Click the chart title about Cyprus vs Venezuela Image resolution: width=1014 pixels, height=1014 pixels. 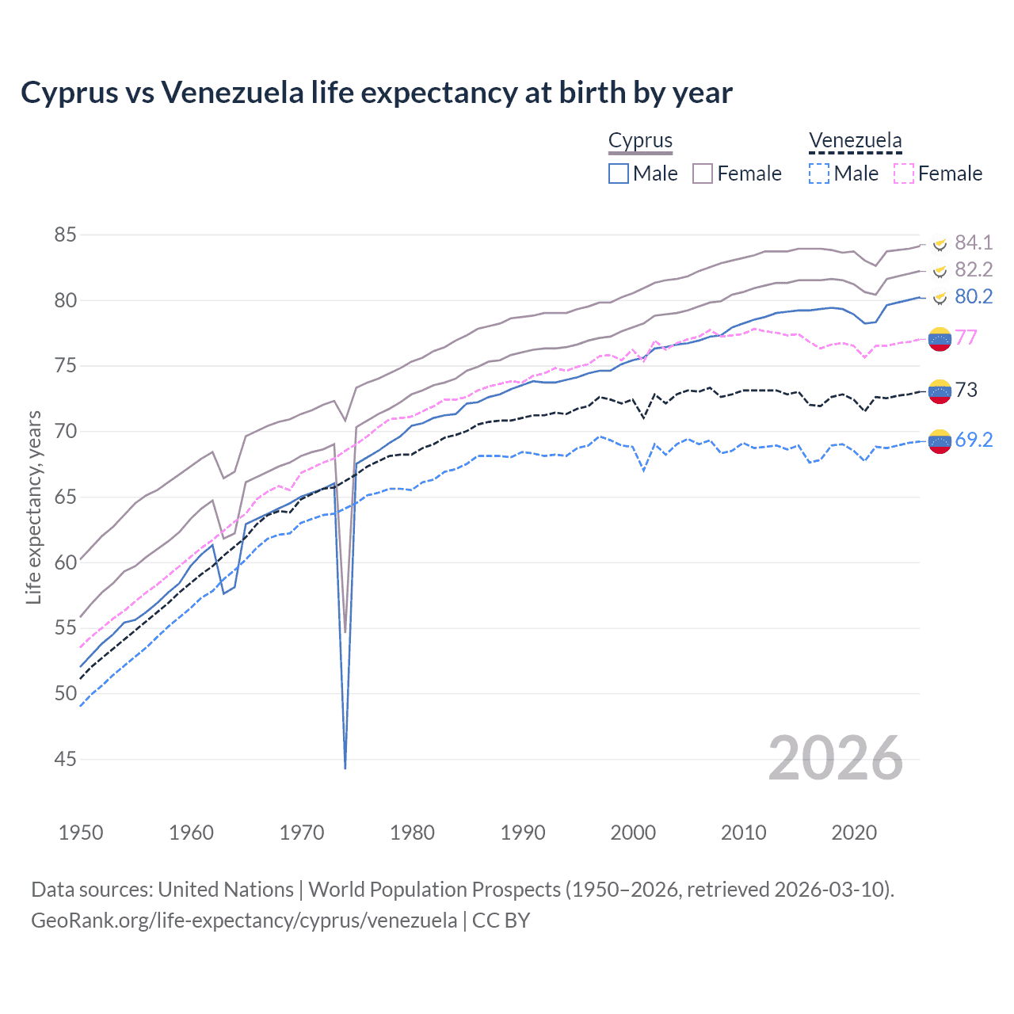[376, 93]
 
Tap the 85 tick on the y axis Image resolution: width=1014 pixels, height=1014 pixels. [66, 235]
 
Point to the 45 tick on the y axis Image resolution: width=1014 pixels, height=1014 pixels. [66, 759]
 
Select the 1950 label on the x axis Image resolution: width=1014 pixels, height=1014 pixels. [81, 833]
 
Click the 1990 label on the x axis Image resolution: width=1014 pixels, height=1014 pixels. [523, 833]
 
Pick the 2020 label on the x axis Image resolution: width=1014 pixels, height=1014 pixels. [854, 833]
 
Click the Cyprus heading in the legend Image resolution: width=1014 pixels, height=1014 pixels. [640, 141]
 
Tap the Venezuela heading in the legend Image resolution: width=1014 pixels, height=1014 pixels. [855, 141]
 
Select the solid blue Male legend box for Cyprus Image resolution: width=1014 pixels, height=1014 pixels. [619, 173]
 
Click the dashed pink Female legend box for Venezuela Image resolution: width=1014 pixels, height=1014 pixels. [904, 173]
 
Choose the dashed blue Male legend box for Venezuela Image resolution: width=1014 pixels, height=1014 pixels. [819, 173]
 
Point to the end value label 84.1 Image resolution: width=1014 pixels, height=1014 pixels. [974, 242]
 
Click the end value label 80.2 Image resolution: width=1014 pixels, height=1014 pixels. [974, 296]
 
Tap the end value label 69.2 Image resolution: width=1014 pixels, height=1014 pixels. [974, 440]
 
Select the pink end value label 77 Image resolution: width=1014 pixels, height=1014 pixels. [966, 337]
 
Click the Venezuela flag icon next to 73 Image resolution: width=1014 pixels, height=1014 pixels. [940, 391]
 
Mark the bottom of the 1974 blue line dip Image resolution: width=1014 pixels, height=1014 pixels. [345, 767]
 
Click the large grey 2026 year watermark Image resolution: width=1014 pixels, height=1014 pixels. [836, 758]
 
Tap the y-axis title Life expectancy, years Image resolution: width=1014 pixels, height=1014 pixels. [33, 507]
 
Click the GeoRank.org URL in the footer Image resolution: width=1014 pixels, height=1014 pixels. [244, 921]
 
